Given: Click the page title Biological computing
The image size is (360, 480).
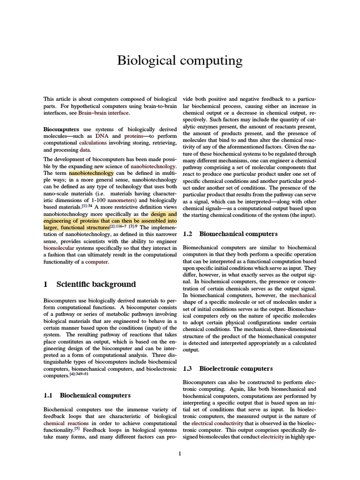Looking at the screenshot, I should [180, 60].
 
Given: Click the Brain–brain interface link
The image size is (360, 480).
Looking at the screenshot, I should [103, 113].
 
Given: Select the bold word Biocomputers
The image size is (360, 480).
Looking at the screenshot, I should [61, 128].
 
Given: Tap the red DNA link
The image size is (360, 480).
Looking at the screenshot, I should [102, 135].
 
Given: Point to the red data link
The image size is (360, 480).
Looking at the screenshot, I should [85, 150].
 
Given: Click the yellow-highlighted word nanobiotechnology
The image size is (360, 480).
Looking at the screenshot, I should [91, 173].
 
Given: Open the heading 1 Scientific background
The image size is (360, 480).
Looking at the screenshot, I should [90, 284].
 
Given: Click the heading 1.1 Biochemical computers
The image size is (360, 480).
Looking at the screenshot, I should [87, 396].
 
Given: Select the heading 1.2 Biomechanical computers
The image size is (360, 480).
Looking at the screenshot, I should [230, 233].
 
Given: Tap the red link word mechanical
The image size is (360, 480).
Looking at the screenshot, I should [303, 295].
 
